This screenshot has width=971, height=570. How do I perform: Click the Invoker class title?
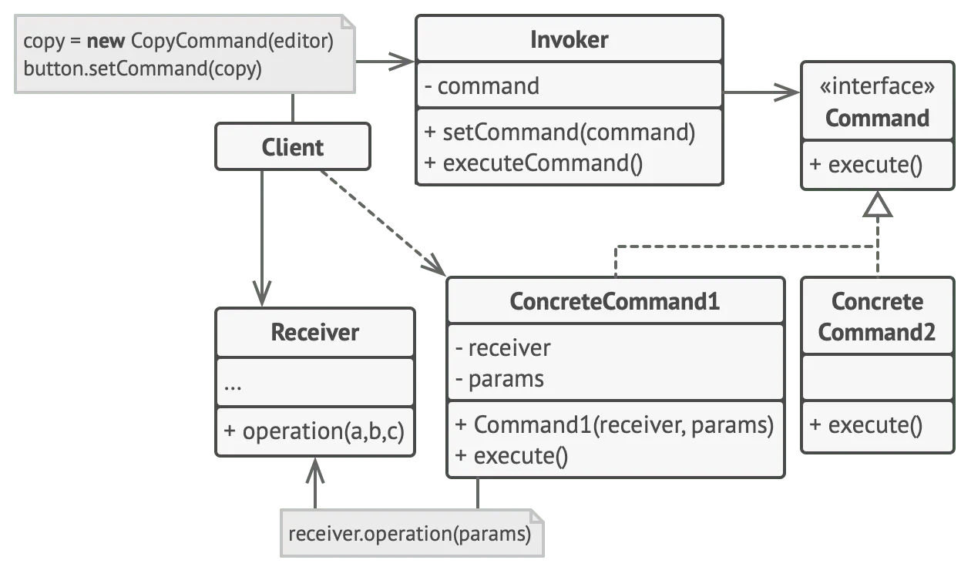coord(569,40)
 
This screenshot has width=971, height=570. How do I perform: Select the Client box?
coord(293,147)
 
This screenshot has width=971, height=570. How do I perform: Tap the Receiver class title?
coord(314,332)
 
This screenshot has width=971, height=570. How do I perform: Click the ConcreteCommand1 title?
coord(614,301)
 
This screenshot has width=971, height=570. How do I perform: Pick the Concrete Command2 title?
coord(877,317)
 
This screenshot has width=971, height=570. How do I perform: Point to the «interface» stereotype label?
coord(877,86)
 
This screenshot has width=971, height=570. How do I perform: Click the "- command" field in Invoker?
coord(481,86)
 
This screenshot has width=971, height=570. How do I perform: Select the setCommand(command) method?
coord(559,132)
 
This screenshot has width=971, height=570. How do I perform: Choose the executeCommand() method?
coord(533,163)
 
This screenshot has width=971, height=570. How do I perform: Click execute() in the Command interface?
coord(865,165)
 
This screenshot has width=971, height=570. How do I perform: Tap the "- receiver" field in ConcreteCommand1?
coord(502,347)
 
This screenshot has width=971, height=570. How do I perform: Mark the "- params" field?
coord(499,379)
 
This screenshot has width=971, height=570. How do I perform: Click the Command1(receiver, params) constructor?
coord(614,424)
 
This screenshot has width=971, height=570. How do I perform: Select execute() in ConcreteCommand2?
coord(865,424)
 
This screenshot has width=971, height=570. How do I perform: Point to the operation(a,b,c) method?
coord(314,431)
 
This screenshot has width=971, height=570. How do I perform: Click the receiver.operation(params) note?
coord(409,534)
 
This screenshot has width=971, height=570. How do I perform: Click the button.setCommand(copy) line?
coord(143,69)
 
